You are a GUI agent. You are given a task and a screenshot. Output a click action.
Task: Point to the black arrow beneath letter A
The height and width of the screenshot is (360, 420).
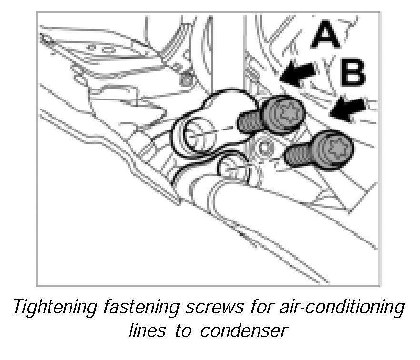coord(299,73)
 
